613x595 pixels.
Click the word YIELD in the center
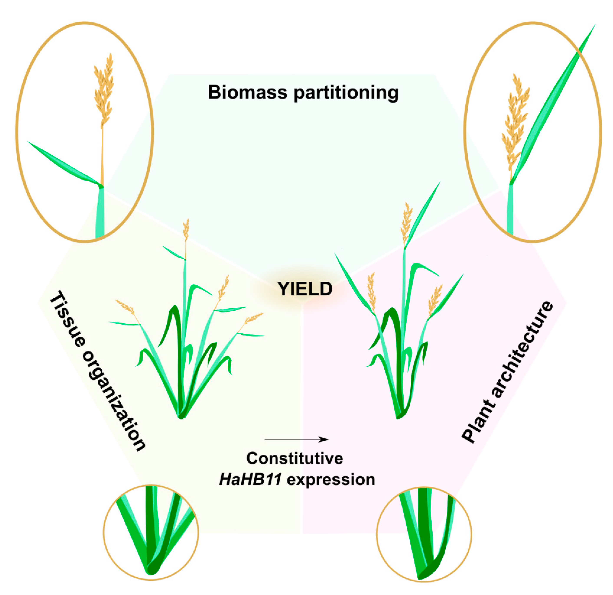(305, 289)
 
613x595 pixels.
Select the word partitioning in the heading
(346, 93)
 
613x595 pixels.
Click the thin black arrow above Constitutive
(296, 439)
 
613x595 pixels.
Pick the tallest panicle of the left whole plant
(186, 230)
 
